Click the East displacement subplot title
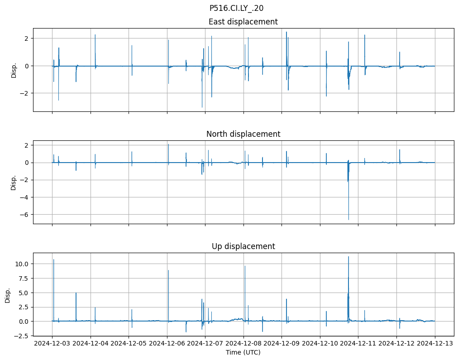[x=243, y=22]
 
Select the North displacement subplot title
[x=243, y=134]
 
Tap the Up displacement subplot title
[x=243, y=246]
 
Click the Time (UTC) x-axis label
[x=243, y=352]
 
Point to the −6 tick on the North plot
[x=25, y=215]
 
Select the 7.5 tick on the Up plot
[x=23, y=278]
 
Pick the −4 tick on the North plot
[x=25, y=197]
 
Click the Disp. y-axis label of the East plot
[x=14, y=70]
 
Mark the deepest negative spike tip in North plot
[x=348, y=220]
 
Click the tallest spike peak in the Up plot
[x=348, y=257]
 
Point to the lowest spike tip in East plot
[x=202, y=107]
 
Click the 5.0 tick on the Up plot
[x=23, y=293]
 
